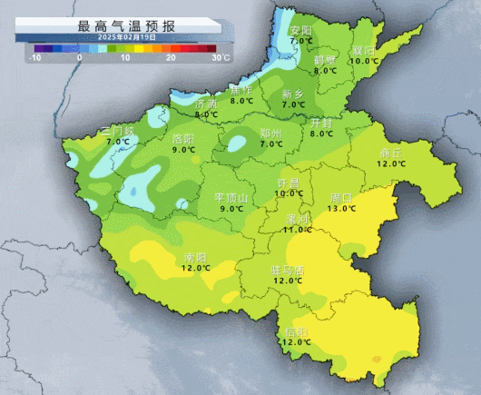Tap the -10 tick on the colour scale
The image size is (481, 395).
tap(36, 57)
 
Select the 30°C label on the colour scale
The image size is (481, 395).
tap(220, 57)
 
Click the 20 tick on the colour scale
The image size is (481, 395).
tap(171, 57)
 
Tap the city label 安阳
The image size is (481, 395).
tap(300, 30)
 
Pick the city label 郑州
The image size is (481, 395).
tap(271, 133)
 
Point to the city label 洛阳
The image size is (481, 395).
tap(182, 138)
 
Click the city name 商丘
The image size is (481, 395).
tap(391, 152)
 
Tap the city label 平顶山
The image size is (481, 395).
tap(231, 197)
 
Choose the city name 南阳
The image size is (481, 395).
tap(195, 257)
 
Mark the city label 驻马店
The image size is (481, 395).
tap(288, 270)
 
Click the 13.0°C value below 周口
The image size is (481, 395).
tap(342, 208)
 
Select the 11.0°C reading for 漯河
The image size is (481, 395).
tap(297, 230)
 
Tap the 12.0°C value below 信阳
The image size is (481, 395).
tap(296, 342)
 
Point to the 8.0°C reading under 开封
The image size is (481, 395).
tap(322, 133)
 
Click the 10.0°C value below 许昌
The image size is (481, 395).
tap(290, 193)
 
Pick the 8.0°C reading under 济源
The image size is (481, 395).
tap(207, 114)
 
